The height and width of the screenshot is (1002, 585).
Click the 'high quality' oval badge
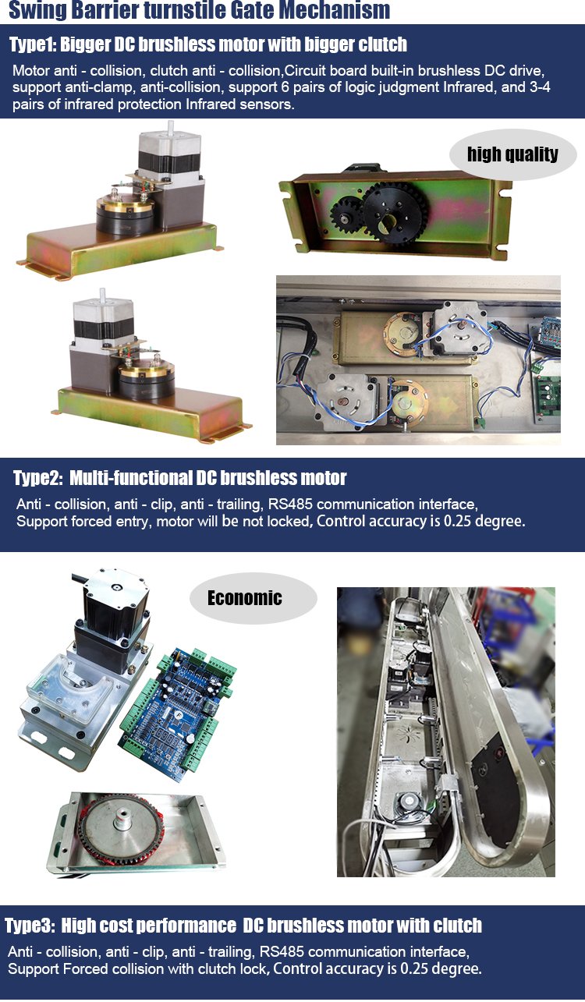[x=513, y=154]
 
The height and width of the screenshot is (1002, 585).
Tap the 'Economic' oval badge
[x=253, y=598]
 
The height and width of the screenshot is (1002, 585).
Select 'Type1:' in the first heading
[x=33, y=44]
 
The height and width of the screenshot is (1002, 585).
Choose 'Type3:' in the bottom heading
[x=30, y=926]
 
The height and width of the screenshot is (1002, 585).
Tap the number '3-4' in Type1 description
[x=540, y=87]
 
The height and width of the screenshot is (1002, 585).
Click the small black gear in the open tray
[x=347, y=217]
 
